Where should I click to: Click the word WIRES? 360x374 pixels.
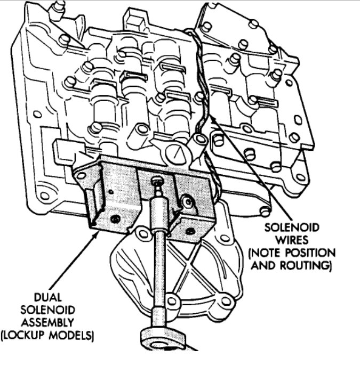pos(293,239)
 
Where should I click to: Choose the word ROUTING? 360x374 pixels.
pos(304,265)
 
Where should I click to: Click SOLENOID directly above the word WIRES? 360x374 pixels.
pos(293,227)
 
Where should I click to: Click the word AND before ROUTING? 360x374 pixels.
pos(263,265)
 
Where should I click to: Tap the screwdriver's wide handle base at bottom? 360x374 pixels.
pos(163,339)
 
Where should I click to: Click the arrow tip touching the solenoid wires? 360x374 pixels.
pos(212,118)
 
